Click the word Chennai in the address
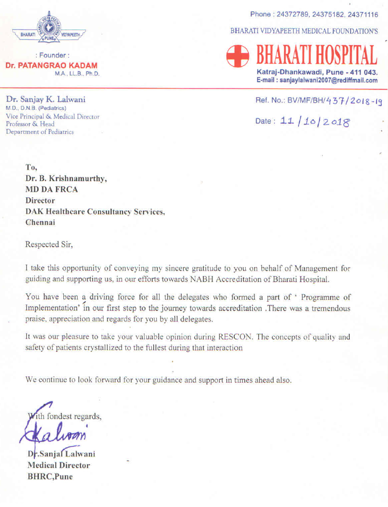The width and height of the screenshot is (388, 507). [x=40, y=223]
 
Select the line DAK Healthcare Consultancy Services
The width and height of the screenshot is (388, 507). [x=95, y=212]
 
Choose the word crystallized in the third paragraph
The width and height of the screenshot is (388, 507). [x=138, y=348]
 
